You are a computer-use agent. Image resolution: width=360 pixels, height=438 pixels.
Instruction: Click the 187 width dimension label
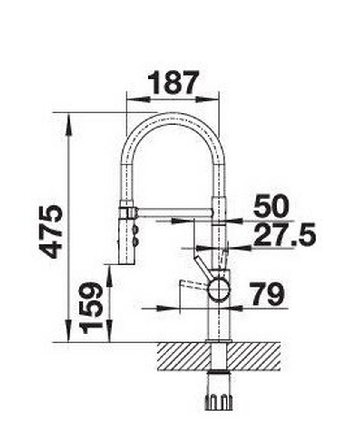[x=174, y=82]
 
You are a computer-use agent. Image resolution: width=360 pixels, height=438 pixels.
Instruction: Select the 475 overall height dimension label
[x=51, y=232]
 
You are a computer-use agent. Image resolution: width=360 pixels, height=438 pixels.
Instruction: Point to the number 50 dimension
[x=271, y=207]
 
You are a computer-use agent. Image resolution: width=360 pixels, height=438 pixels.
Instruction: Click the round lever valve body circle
[x=219, y=289]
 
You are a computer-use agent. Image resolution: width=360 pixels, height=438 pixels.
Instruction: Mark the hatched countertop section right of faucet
[x=255, y=356]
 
